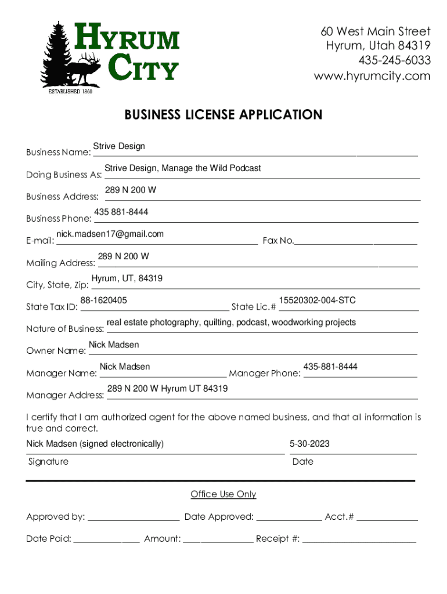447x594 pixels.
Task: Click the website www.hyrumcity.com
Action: (372, 76)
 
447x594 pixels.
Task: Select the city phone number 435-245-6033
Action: (394, 60)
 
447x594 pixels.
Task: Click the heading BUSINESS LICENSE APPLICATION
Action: (223, 115)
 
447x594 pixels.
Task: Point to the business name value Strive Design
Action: (119, 146)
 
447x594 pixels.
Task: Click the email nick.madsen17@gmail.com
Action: (110, 234)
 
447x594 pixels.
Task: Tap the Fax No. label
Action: (278, 241)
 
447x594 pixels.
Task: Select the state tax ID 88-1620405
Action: (104, 300)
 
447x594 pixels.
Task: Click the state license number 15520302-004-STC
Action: (317, 300)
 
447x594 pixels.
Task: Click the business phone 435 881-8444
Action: (121, 212)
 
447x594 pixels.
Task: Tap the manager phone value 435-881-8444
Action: (330, 367)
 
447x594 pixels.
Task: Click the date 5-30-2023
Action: (309, 444)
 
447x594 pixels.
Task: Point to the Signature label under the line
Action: (48, 462)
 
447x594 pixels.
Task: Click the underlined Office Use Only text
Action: (223, 494)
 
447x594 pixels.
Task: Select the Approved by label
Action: (56, 517)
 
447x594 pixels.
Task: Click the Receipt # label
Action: (277, 539)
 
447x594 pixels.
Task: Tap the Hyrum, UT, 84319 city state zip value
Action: (127, 278)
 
